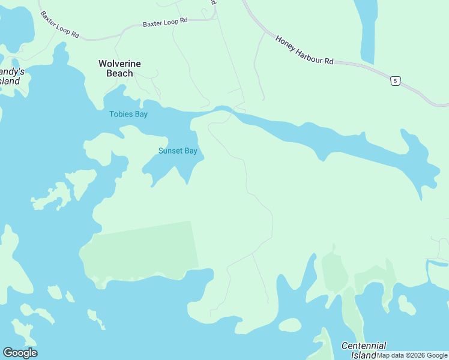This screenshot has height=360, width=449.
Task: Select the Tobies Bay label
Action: (x=128, y=114)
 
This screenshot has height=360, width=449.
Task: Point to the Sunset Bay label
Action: (x=178, y=151)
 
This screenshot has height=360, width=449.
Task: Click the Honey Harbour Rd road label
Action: (x=304, y=50)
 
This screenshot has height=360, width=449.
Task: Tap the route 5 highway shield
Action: (x=394, y=81)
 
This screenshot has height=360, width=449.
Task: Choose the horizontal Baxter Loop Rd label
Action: (x=165, y=22)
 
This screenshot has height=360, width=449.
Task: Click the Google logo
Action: (x=20, y=353)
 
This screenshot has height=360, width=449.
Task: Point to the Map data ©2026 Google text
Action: (x=412, y=355)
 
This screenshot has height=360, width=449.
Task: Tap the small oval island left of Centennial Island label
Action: (x=290, y=325)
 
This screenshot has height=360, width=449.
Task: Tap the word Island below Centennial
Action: (x=363, y=355)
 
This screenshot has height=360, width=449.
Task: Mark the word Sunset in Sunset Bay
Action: (x=170, y=151)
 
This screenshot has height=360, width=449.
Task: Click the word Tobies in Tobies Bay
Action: (x=121, y=114)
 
